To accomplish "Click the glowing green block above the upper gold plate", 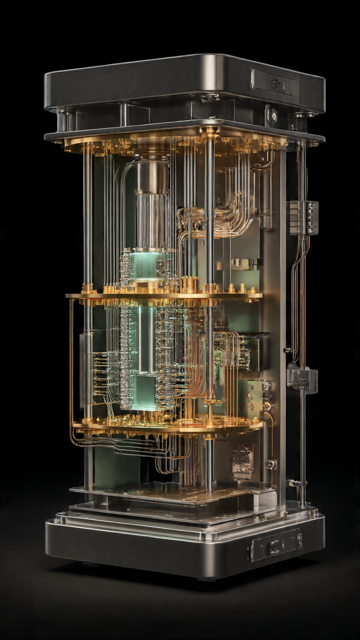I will click(x=145, y=266).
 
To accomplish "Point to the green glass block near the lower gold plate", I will click(x=146, y=391).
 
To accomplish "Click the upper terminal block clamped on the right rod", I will click(x=303, y=217).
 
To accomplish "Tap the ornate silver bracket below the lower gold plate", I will click(x=242, y=462).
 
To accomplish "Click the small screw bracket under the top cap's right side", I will click(x=272, y=115).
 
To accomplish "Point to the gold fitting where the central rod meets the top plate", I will click(x=209, y=131).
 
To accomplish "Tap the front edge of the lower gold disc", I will click(x=169, y=429).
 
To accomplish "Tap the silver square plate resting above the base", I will click(x=173, y=493).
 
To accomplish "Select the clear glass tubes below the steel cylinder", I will click(x=152, y=220).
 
